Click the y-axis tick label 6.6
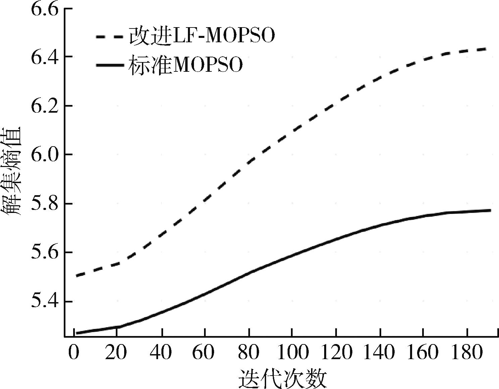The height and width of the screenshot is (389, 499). click(44, 8)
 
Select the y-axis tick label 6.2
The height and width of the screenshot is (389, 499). click(44, 106)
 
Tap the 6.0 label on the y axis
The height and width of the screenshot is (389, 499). click(44, 155)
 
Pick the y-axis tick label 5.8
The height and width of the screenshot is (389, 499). click(44, 204)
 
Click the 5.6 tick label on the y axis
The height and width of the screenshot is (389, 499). click(44, 253)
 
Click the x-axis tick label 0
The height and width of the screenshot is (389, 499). click(73, 353)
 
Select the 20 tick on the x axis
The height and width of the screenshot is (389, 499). click(116, 353)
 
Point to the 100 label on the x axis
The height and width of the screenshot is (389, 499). click(292, 353)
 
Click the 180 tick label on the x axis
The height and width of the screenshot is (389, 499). click(467, 353)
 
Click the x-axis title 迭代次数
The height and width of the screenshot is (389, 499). click(283, 378)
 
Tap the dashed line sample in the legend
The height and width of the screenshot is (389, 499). click(109, 36)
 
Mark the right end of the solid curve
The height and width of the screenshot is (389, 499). click(491, 210)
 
